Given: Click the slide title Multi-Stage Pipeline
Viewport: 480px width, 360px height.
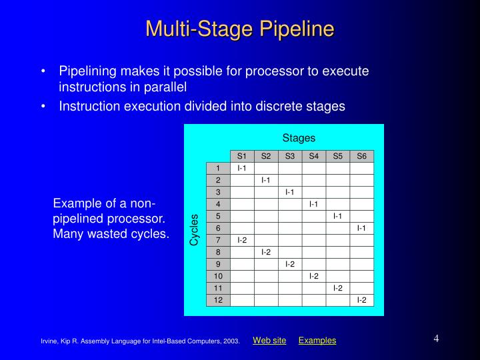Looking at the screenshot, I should click(x=239, y=29).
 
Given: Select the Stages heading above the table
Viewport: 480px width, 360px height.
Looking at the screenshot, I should click(x=298, y=138).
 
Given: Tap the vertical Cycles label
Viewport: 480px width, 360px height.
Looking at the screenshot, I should click(x=195, y=229).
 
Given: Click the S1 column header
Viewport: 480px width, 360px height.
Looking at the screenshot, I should click(x=242, y=157).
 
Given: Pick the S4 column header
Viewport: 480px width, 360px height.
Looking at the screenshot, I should click(x=314, y=157).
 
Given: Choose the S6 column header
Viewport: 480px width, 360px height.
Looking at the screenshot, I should click(x=362, y=157).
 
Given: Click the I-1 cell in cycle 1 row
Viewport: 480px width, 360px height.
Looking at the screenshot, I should click(x=242, y=168).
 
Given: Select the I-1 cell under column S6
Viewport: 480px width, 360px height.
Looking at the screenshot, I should click(x=362, y=228).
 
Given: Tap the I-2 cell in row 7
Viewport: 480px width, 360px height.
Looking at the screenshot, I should click(x=242, y=240).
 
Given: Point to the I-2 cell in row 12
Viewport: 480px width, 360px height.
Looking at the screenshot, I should click(x=362, y=300).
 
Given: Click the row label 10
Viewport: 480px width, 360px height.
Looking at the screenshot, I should click(x=218, y=276).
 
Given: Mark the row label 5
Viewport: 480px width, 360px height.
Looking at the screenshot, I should click(x=218, y=216).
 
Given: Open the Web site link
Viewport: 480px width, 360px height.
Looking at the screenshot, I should click(x=269, y=341).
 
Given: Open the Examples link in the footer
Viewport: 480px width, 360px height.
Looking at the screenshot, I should click(x=317, y=341).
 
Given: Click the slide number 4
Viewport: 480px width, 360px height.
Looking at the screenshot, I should click(x=436, y=338).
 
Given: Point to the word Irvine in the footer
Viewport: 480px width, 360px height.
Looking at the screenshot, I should click(x=50, y=342).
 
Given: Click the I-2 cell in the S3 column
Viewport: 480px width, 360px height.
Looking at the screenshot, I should click(x=290, y=264).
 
